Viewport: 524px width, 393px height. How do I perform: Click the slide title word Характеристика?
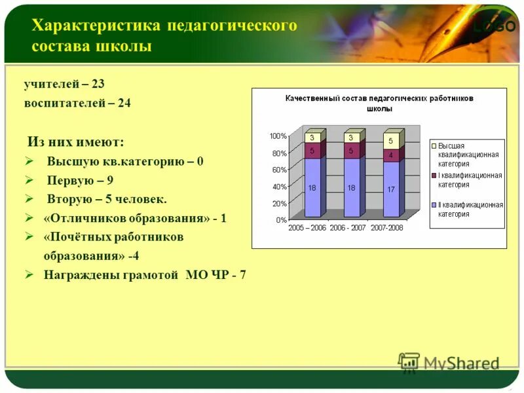point(96,26)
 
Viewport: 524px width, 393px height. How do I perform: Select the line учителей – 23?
point(64,84)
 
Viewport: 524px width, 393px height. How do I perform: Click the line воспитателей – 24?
point(77,103)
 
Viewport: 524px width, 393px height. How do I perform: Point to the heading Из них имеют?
point(75,142)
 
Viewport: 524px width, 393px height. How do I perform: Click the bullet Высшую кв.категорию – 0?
point(124,162)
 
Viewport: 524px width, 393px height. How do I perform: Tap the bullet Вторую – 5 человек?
point(107,198)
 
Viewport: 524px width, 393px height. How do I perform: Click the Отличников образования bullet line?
point(134,218)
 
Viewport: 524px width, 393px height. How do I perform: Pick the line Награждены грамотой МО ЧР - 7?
point(145,274)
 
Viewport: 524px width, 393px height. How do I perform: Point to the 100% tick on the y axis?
point(278,136)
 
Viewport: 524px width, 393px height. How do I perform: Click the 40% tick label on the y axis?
point(279,187)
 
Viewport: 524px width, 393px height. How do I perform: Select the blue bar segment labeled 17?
point(390,189)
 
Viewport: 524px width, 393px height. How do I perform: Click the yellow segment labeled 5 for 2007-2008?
point(390,141)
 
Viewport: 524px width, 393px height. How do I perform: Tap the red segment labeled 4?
point(390,155)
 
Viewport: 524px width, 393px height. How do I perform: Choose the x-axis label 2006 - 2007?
point(348,228)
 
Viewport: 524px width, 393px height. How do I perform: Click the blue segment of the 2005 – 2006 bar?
point(312,187)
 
